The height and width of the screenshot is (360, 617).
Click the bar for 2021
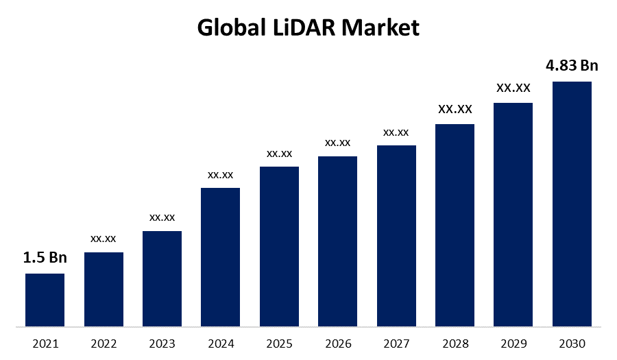pos(45,300)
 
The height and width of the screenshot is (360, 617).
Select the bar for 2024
pos(220,256)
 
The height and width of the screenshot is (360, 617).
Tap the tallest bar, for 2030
pos(572,204)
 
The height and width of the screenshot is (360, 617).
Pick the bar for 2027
pos(396,235)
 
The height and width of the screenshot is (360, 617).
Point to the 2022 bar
pos(104,289)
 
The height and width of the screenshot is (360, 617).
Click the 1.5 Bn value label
pos(45,258)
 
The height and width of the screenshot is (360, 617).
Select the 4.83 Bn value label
pos(572,66)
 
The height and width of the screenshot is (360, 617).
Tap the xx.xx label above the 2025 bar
pos(279,153)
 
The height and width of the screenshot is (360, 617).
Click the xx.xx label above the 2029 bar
pos(513,88)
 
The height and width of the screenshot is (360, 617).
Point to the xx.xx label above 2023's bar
pos(162,217)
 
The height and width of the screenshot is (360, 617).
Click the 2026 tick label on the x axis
pos(337,343)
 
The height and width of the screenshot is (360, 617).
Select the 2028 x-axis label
pos(455,343)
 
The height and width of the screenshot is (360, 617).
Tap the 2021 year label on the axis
pos(45,343)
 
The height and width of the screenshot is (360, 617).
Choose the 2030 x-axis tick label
pos(572,343)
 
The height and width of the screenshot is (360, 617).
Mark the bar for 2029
pos(513,214)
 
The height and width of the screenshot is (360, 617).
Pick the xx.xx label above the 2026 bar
pos(337,143)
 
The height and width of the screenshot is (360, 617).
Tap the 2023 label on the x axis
pos(162,343)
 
